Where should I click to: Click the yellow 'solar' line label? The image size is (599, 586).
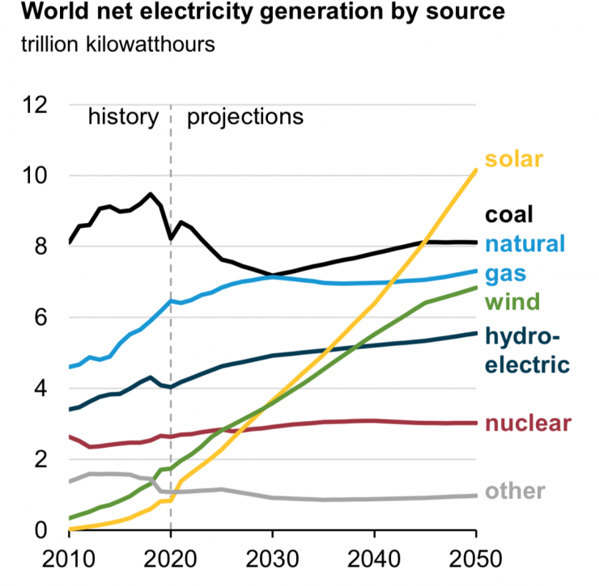pyautogui.click(x=513, y=158)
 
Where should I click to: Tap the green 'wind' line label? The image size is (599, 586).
pyautogui.click(x=512, y=301)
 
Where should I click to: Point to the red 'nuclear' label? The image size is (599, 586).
pyautogui.click(x=529, y=423)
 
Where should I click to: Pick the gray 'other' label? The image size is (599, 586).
pyautogui.click(x=515, y=491)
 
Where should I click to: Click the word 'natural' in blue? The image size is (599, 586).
pyautogui.click(x=525, y=243)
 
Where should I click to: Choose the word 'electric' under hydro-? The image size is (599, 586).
pyautogui.click(x=527, y=364)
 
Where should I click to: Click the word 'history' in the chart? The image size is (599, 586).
pyautogui.click(x=123, y=116)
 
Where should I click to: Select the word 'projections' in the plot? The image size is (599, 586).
pyautogui.click(x=245, y=117)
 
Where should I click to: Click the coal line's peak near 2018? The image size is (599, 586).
pyautogui.click(x=150, y=194)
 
